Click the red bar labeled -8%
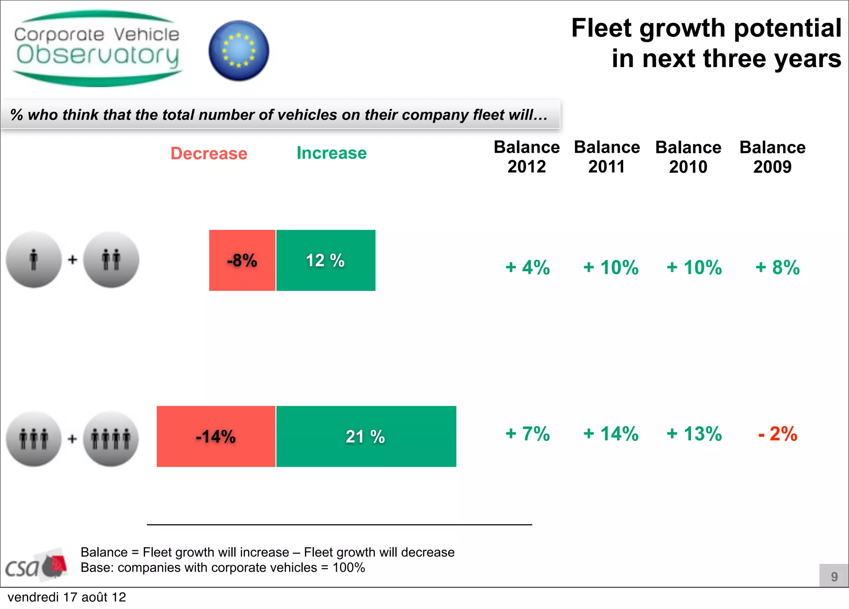pyautogui.click(x=242, y=260)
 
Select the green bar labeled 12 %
pyautogui.click(x=326, y=260)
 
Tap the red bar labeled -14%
pyautogui.click(x=216, y=436)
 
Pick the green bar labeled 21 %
pyautogui.click(x=366, y=436)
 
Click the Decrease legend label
pyautogui.click(x=209, y=153)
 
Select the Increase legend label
pyautogui.click(x=332, y=153)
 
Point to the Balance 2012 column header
pyautogui.click(x=526, y=157)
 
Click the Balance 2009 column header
pyautogui.click(x=772, y=157)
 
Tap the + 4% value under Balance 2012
pyautogui.click(x=527, y=267)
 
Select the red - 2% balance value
pyautogui.click(x=777, y=434)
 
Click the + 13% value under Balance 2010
pyautogui.click(x=694, y=434)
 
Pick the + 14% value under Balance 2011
pyautogui.click(x=611, y=434)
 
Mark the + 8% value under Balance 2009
pyautogui.click(x=777, y=267)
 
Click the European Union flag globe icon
pyautogui.click(x=239, y=51)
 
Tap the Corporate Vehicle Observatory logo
pyautogui.click(x=97, y=49)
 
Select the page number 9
pyautogui.click(x=834, y=576)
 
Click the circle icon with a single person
pyautogui.click(x=34, y=259)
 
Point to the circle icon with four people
pyautogui.click(x=111, y=439)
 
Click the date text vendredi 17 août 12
pyautogui.click(x=67, y=597)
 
